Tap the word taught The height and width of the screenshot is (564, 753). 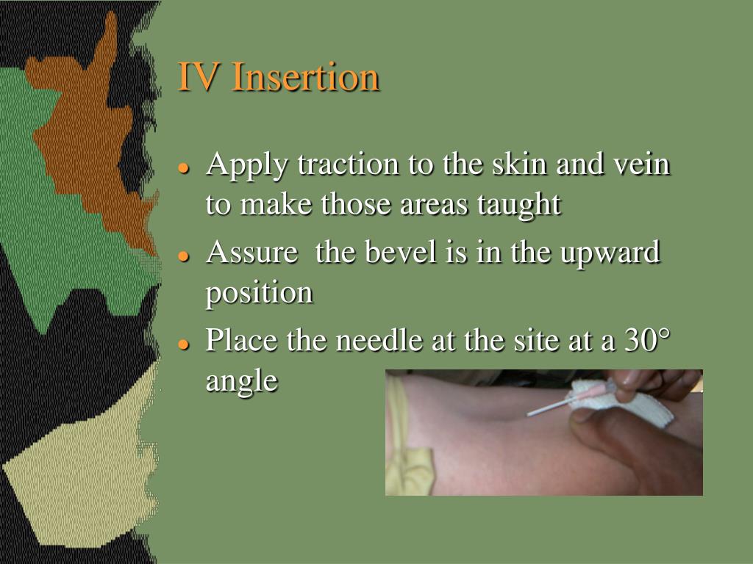coord(524,204)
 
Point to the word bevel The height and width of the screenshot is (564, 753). coord(398,253)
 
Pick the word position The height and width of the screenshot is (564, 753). coord(259,294)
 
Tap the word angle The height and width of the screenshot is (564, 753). coord(242,381)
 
